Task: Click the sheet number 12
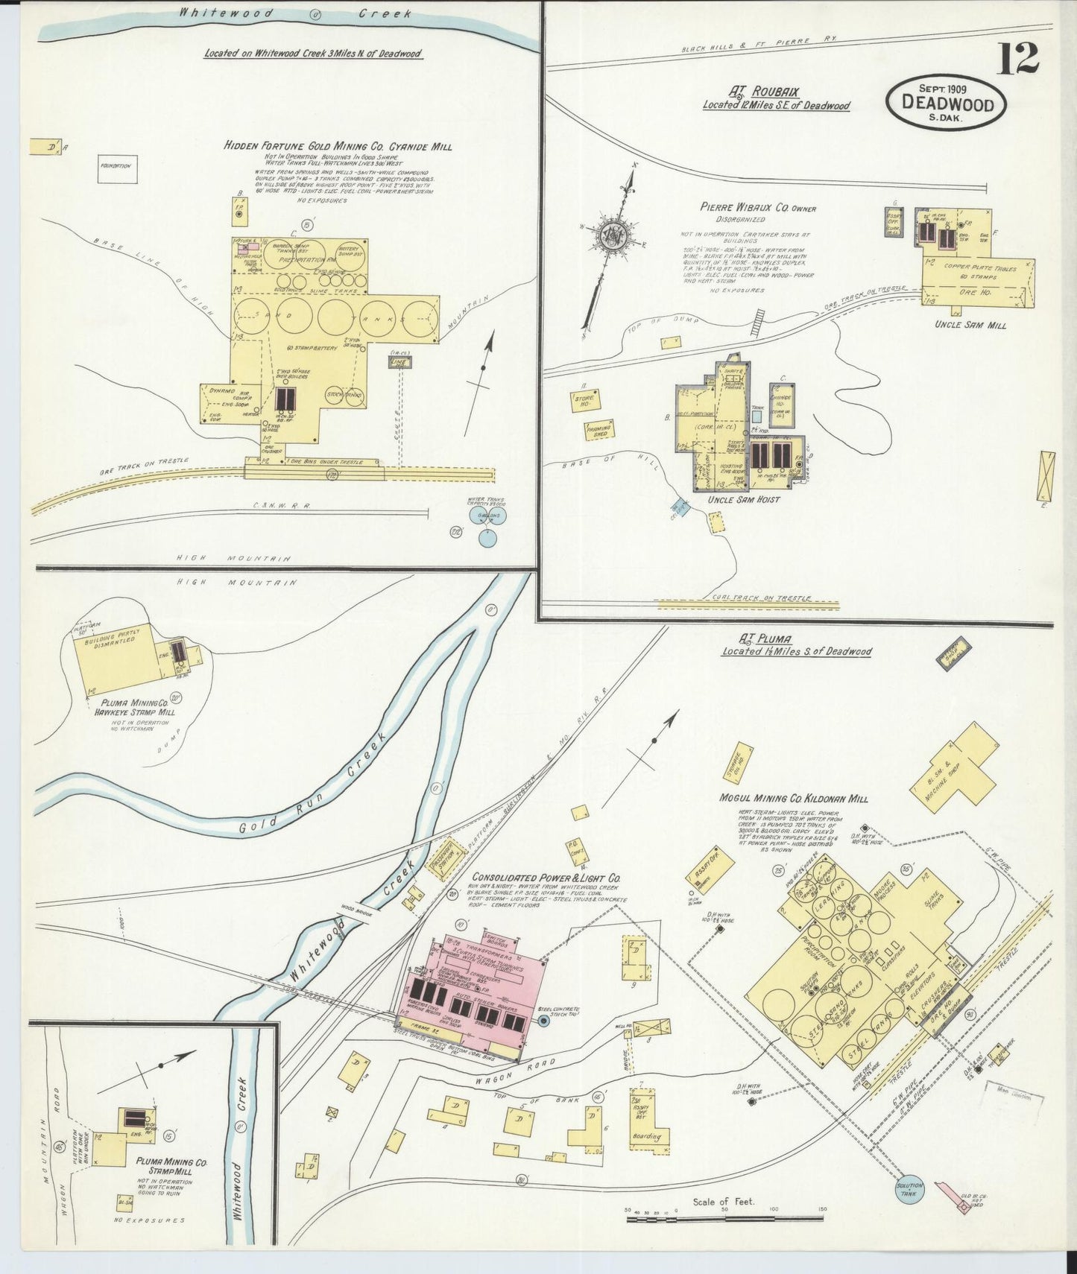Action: [x=1017, y=58]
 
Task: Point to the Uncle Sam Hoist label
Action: [x=748, y=499]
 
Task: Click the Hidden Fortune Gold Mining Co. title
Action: [x=338, y=147]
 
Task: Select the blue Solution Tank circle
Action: [x=910, y=1190]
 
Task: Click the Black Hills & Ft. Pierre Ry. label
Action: [x=745, y=45]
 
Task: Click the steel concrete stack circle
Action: [x=543, y=1021]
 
